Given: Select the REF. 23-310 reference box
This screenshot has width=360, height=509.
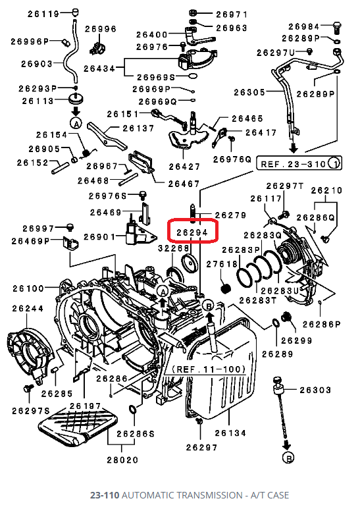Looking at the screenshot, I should click(299, 163).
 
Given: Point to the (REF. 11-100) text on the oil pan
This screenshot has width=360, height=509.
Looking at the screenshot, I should click(208, 369).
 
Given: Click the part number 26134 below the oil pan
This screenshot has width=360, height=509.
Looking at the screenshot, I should click(232, 433).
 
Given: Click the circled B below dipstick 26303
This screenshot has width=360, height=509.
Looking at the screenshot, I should click(286, 457).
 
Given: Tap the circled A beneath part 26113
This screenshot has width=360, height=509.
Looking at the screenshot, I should click(76, 123).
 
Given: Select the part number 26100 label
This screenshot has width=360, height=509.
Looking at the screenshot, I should click(26, 288).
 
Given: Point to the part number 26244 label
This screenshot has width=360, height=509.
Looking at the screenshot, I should click(26, 308).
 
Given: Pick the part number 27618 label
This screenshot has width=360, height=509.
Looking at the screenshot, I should click(222, 265).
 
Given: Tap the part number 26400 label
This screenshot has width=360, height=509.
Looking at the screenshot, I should click(152, 34).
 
